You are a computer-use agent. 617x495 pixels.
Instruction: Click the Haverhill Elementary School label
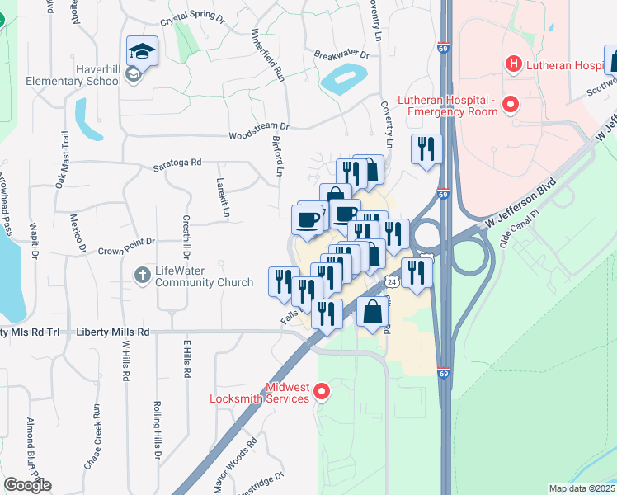[x=73, y=75]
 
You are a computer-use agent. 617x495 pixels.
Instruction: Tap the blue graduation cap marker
[x=142, y=51]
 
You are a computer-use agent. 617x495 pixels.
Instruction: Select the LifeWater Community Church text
[x=205, y=276]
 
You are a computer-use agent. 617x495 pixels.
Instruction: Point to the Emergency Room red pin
[x=510, y=106]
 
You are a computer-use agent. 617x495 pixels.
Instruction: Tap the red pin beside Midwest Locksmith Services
[x=323, y=392]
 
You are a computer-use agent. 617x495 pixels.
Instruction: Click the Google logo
[x=26, y=486]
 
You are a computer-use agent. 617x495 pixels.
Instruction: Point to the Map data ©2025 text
[x=582, y=488]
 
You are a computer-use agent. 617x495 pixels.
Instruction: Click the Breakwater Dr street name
[x=341, y=54]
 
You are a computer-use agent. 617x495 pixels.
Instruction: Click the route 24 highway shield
[x=393, y=281]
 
